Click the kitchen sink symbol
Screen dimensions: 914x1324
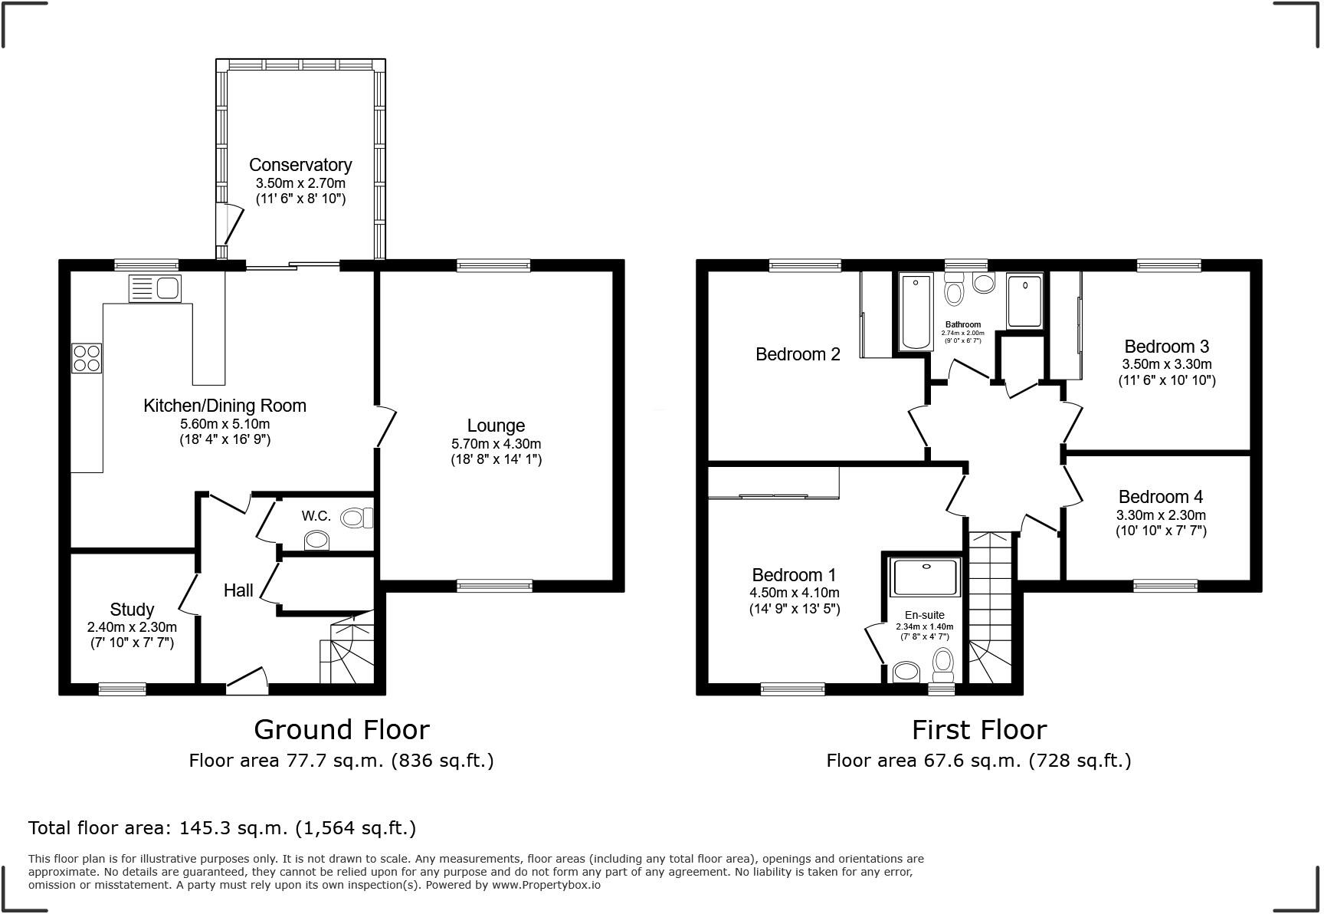pos(155,288)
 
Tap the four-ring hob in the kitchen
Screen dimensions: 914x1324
pos(87,358)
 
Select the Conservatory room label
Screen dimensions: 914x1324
pos(300,165)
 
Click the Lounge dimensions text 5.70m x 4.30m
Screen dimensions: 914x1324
pos(496,444)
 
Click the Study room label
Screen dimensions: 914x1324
pos(132,610)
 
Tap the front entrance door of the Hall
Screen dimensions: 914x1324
pos(247,680)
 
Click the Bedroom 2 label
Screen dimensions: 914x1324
pos(798,354)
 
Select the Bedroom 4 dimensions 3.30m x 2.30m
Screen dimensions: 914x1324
pos(1161,515)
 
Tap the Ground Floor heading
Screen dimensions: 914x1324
pos(341,729)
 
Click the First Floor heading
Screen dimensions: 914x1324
pos(978,729)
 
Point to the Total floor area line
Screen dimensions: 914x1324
pos(222,828)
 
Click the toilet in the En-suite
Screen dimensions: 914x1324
pos(943,663)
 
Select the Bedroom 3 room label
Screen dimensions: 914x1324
pos(1166,347)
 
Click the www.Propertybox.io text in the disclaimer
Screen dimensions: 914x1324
pos(546,885)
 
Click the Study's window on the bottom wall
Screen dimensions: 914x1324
pos(122,689)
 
